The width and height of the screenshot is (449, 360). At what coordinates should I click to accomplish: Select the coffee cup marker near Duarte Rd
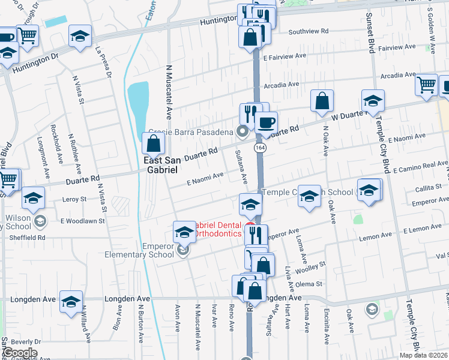(x=266, y=123)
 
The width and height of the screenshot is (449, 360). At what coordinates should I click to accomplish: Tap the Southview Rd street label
(x=309, y=31)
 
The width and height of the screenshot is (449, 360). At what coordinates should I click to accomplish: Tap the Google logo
(x=20, y=353)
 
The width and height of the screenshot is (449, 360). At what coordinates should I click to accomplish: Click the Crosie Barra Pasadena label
(x=191, y=132)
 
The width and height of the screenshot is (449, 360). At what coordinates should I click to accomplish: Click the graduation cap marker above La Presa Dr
(x=80, y=36)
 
